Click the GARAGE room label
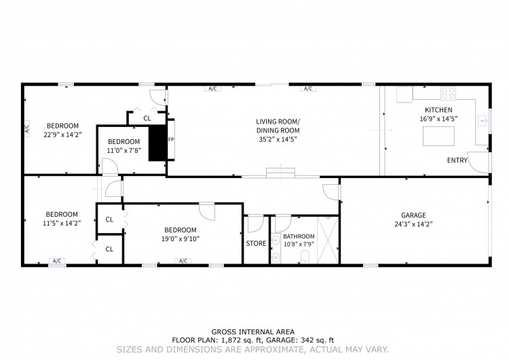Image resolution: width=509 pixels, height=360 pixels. pyautogui.click(x=413, y=215)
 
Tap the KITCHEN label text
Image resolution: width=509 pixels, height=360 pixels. pyautogui.click(x=438, y=110)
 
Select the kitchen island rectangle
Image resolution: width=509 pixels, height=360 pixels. pyautogui.click(x=438, y=136)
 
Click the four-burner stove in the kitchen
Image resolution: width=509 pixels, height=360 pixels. pyautogui.click(x=448, y=93)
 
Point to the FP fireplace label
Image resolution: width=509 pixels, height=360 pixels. pyautogui.click(x=171, y=140)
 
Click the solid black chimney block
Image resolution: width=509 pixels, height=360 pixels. pyautogui.click(x=157, y=143)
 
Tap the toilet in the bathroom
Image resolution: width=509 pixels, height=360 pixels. pyautogui.click(x=305, y=257)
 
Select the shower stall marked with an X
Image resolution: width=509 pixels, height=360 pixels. pyautogui.click(x=328, y=240)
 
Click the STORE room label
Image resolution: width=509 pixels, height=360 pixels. pyautogui.click(x=256, y=243)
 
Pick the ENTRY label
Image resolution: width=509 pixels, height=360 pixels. pyautogui.click(x=457, y=160)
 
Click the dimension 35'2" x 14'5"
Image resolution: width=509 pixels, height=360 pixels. pyautogui.click(x=278, y=140)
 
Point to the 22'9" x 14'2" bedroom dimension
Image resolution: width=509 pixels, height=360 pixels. pyautogui.click(x=62, y=134)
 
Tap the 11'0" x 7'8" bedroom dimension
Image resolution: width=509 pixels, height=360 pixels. pyautogui.click(x=124, y=150)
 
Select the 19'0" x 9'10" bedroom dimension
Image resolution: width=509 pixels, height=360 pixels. pyautogui.click(x=181, y=239)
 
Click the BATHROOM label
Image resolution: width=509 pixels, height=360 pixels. pyautogui.click(x=299, y=236)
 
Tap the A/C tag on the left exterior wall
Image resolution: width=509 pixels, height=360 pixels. pyautogui.click(x=27, y=127)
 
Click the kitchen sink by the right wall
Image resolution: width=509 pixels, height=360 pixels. pyautogui.click(x=483, y=121)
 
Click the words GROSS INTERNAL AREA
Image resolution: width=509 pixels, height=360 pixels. pyautogui.click(x=253, y=331)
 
